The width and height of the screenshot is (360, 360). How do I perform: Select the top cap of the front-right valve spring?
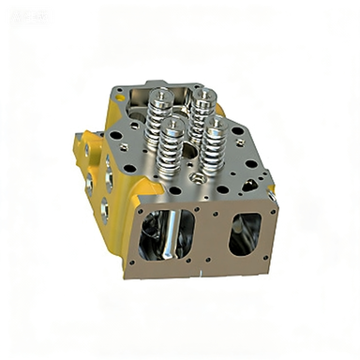click(215, 122)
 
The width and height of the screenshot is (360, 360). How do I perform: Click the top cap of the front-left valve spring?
click(172, 125)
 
